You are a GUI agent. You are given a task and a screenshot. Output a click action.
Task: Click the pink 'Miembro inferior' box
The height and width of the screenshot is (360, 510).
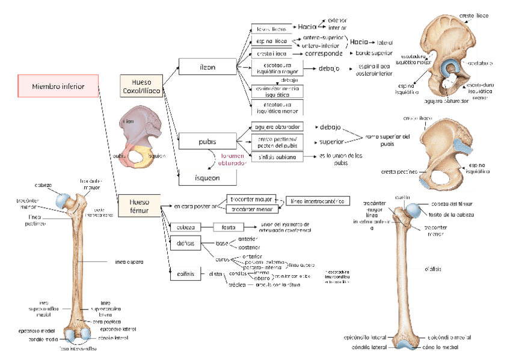(58, 86)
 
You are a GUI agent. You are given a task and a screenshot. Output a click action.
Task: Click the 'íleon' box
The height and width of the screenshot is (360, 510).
(207, 66)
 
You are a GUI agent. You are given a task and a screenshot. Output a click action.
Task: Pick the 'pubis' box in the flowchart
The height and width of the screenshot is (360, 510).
(207, 142)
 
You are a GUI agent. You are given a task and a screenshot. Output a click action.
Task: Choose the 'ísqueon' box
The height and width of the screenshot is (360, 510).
(207, 178)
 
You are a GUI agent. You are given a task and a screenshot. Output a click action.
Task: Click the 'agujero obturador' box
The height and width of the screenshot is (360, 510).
(277, 127)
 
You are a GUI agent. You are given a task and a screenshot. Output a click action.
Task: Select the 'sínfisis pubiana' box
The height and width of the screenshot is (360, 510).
(277, 157)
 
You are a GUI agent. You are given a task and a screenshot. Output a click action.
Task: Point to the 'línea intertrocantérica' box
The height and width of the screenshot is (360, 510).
(318, 201)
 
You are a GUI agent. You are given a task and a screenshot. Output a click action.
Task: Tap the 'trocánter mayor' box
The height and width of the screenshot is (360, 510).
(249, 198)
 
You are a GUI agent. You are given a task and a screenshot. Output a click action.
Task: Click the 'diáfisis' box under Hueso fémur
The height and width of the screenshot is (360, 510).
(185, 244)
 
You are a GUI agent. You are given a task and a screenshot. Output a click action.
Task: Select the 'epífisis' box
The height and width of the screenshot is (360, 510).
(185, 274)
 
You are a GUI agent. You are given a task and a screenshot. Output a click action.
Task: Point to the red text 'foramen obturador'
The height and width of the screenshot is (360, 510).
(232, 160)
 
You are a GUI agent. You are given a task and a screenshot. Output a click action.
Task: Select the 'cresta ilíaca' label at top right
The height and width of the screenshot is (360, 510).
(473, 15)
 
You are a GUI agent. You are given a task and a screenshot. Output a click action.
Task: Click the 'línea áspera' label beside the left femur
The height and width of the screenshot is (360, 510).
(129, 262)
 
